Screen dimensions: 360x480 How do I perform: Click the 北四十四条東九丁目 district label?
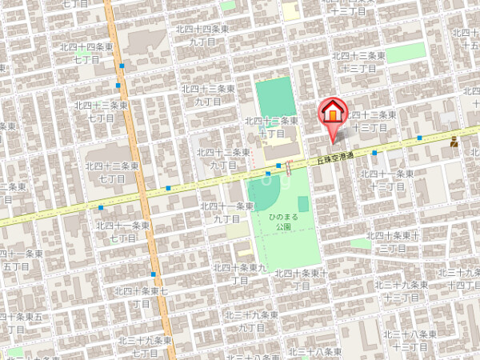coord(206,34)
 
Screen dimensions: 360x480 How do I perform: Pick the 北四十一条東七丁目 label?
coord(122,231)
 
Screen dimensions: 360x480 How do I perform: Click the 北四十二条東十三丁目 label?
coord(363,122)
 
